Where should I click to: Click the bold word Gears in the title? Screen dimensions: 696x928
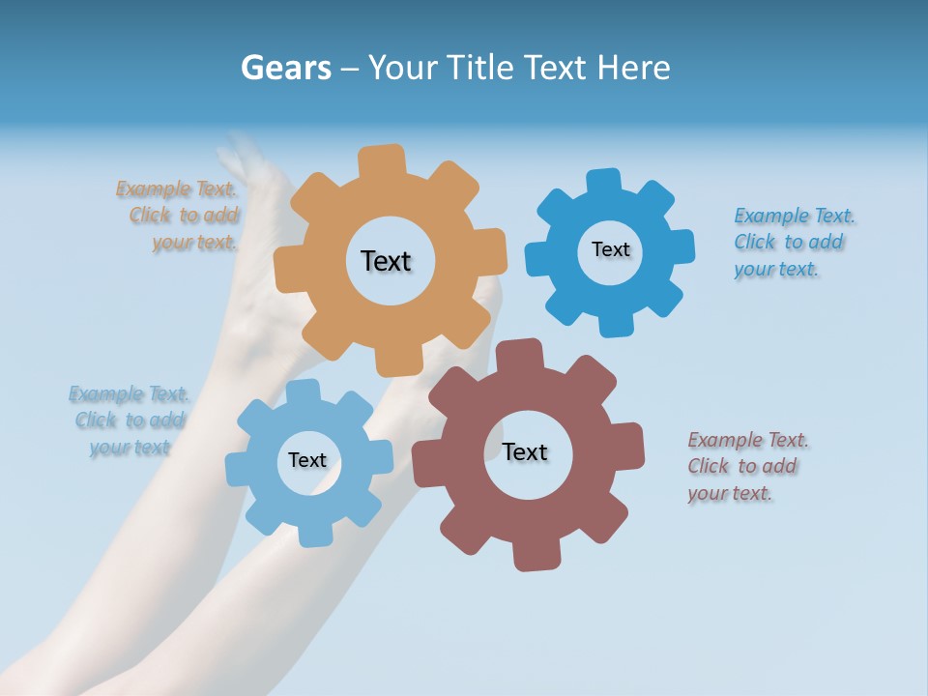[285, 68]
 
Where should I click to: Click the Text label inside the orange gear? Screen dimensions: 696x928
[386, 261]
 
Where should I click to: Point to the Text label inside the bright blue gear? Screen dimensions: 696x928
[610, 249]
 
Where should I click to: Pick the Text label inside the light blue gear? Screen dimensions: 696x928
[307, 460]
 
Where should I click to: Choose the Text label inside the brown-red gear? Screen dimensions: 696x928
[525, 451]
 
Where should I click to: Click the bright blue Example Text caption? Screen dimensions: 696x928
[793, 242]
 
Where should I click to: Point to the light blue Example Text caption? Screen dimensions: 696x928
[129, 420]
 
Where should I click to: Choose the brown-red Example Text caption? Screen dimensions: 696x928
[746, 466]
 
